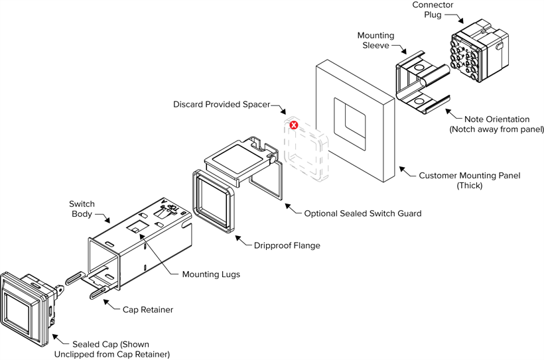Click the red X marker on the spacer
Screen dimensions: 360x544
(x=293, y=125)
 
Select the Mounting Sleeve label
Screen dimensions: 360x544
(x=375, y=40)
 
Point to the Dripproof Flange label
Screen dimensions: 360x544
(x=287, y=245)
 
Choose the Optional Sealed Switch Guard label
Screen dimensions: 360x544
(x=363, y=213)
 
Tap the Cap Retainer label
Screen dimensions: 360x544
(x=148, y=309)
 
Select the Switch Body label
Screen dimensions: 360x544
(x=82, y=209)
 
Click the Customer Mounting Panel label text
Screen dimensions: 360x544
(x=470, y=176)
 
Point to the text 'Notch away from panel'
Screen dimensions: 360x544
(x=496, y=129)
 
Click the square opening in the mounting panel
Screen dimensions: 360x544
(x=349, y=123)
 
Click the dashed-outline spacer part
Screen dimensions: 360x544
(x=305, y=149)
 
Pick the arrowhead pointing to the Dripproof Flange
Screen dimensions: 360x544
(x=239, y=237)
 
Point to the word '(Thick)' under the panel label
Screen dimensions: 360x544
(x=470, y=186)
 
